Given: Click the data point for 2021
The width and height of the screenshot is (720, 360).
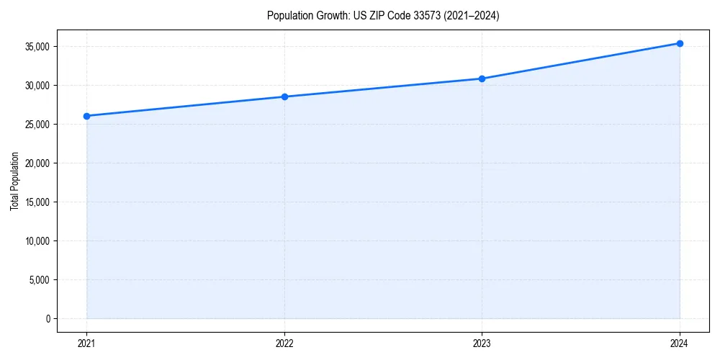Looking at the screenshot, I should click(x=86, y=116).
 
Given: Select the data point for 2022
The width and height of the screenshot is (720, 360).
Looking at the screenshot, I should click(x=284, y=96).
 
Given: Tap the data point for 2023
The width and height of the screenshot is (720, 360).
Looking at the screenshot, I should click(x=482, y=78).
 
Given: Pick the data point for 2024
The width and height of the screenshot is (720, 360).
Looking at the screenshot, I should click(x=680, y=43).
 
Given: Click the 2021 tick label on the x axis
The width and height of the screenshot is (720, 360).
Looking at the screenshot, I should click(x=86, y=343).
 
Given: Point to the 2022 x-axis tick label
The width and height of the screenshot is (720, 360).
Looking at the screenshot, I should click(x=284, y=343).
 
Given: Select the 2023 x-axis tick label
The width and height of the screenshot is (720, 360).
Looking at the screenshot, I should click(x=482, y=343).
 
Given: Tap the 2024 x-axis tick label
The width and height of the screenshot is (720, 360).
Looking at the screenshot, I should click(x=680, y=343).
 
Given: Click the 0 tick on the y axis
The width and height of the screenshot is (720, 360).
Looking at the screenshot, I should click(x=48, y=318).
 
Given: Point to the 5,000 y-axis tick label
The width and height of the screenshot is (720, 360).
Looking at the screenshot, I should click(x=40, y=279).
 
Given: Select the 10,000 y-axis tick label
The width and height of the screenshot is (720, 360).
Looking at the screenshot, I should click(x=37, y=240).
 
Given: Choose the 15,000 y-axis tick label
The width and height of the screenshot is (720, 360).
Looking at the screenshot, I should click(x=37, y=202).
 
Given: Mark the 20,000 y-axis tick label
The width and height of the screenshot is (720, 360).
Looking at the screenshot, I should click(x=37, y=163).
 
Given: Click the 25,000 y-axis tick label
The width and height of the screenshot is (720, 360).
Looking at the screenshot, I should click(x=37, y=124).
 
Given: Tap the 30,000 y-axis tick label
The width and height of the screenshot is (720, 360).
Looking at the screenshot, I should click(x=37, y=85).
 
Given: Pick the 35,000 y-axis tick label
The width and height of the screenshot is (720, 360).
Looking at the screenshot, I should click(x=37, y=47).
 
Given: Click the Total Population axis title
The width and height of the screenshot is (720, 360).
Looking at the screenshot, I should click(x=14, y=181).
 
